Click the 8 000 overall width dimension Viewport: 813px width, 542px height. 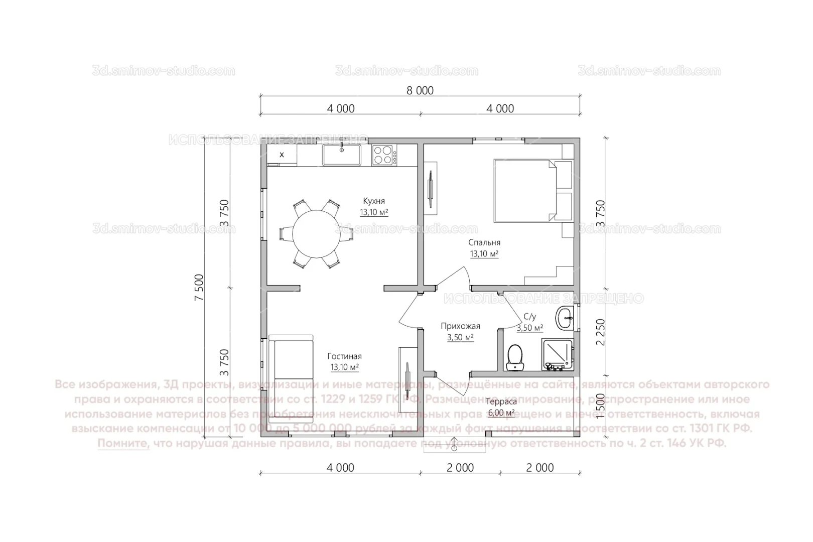click(420, 91)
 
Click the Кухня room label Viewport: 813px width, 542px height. click(374, 201)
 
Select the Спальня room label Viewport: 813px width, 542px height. click(484, 243)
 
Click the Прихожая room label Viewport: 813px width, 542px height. click(460, 326)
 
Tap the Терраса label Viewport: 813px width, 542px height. click(501, 401)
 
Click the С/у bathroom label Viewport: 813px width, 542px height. click(529, 317)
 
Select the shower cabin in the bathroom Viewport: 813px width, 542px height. click(557, 354)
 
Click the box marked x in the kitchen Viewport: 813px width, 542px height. click(282, 155)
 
